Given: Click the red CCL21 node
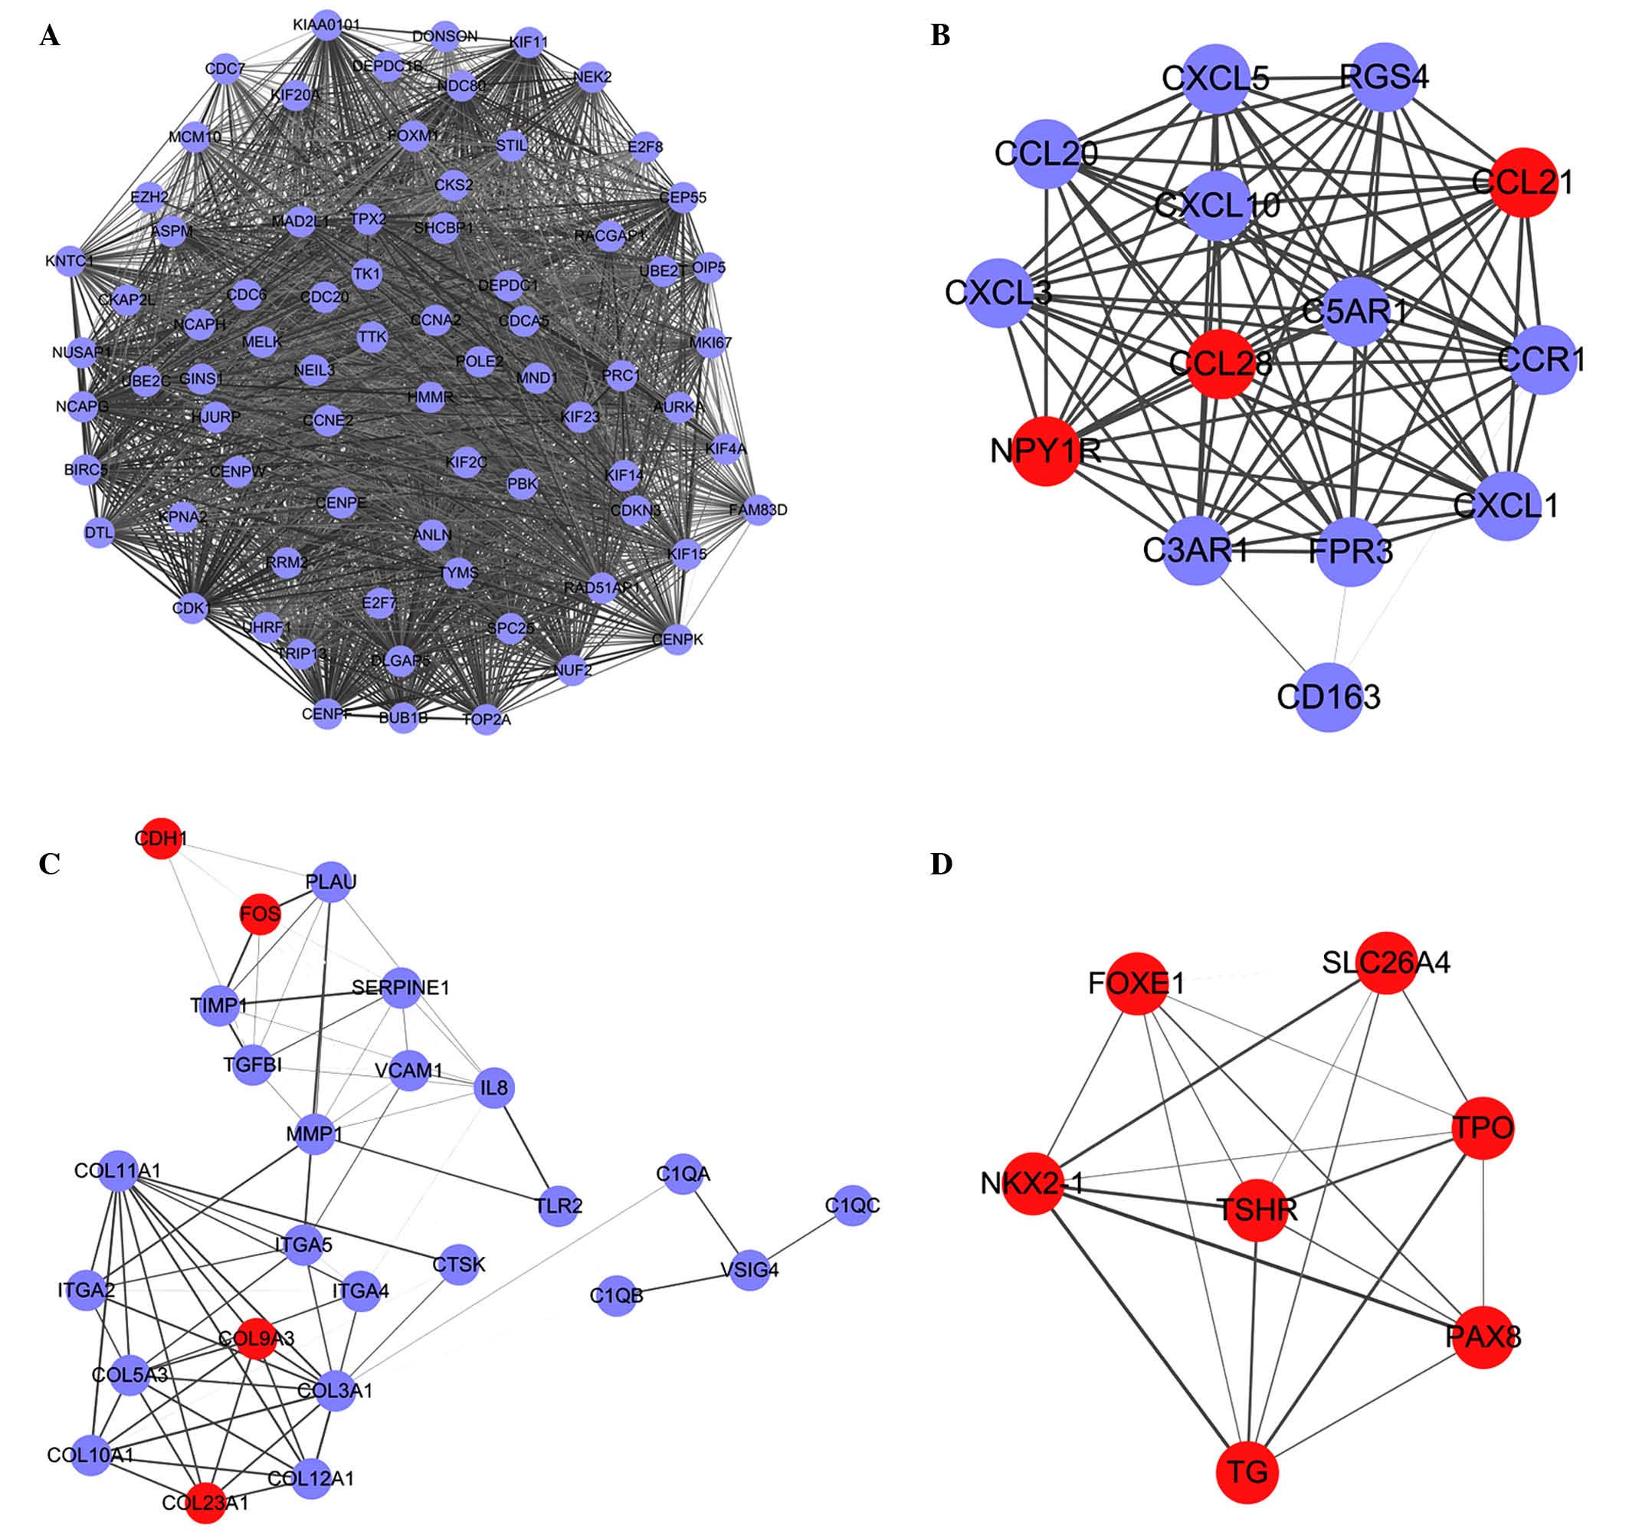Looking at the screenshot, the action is tap(1523, 182).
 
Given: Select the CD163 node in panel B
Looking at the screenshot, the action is tap(1330, 697).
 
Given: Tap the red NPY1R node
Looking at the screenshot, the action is tap(1046, 451).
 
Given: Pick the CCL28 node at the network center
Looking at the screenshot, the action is tap(1220, 364).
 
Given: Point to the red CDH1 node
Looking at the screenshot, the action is tap(160, 838).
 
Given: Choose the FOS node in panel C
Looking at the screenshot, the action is tap(260, 913).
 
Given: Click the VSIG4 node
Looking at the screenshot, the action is tap(750, 1271).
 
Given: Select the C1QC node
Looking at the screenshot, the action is tap(853, 1205).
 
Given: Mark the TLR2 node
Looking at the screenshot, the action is tap(559, 1205).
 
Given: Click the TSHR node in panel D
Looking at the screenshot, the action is tap(1256, 1209).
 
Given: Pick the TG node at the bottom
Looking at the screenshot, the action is tap(1247, 1473).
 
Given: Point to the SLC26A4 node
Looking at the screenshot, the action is tap(1386, 962).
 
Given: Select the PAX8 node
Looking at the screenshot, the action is tap(1483, 1337).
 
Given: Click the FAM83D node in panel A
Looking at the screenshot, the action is tap(758, 510).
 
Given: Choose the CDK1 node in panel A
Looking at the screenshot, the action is tap(192, 608).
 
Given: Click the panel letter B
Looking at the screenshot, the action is tap(940, 36).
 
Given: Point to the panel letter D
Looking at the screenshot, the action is tap(941, 864).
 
